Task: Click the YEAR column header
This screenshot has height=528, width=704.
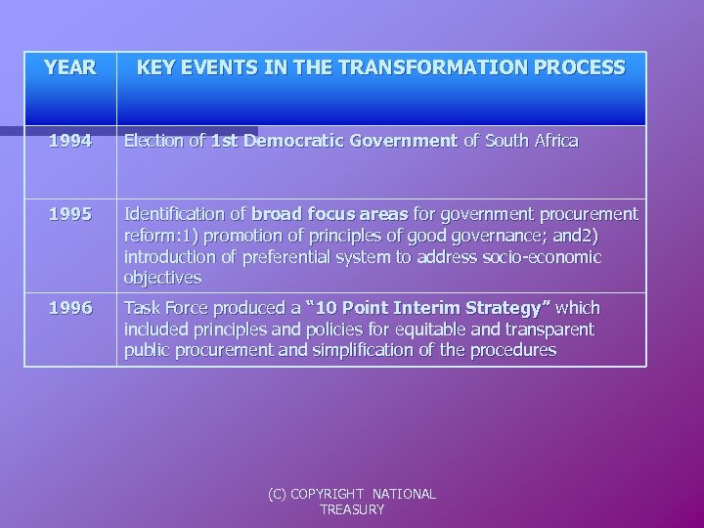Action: tap(70, 68)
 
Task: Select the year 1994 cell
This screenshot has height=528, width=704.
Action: tap(70, 141)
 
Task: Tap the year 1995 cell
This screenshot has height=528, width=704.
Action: tap(70, 213)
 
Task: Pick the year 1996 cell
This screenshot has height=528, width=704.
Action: tap(70, 308)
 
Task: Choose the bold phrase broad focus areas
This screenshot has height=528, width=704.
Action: tap(330, 213)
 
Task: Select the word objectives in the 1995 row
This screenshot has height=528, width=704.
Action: tap(162, 278)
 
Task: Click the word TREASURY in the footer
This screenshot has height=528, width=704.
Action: tap(352, 509)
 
